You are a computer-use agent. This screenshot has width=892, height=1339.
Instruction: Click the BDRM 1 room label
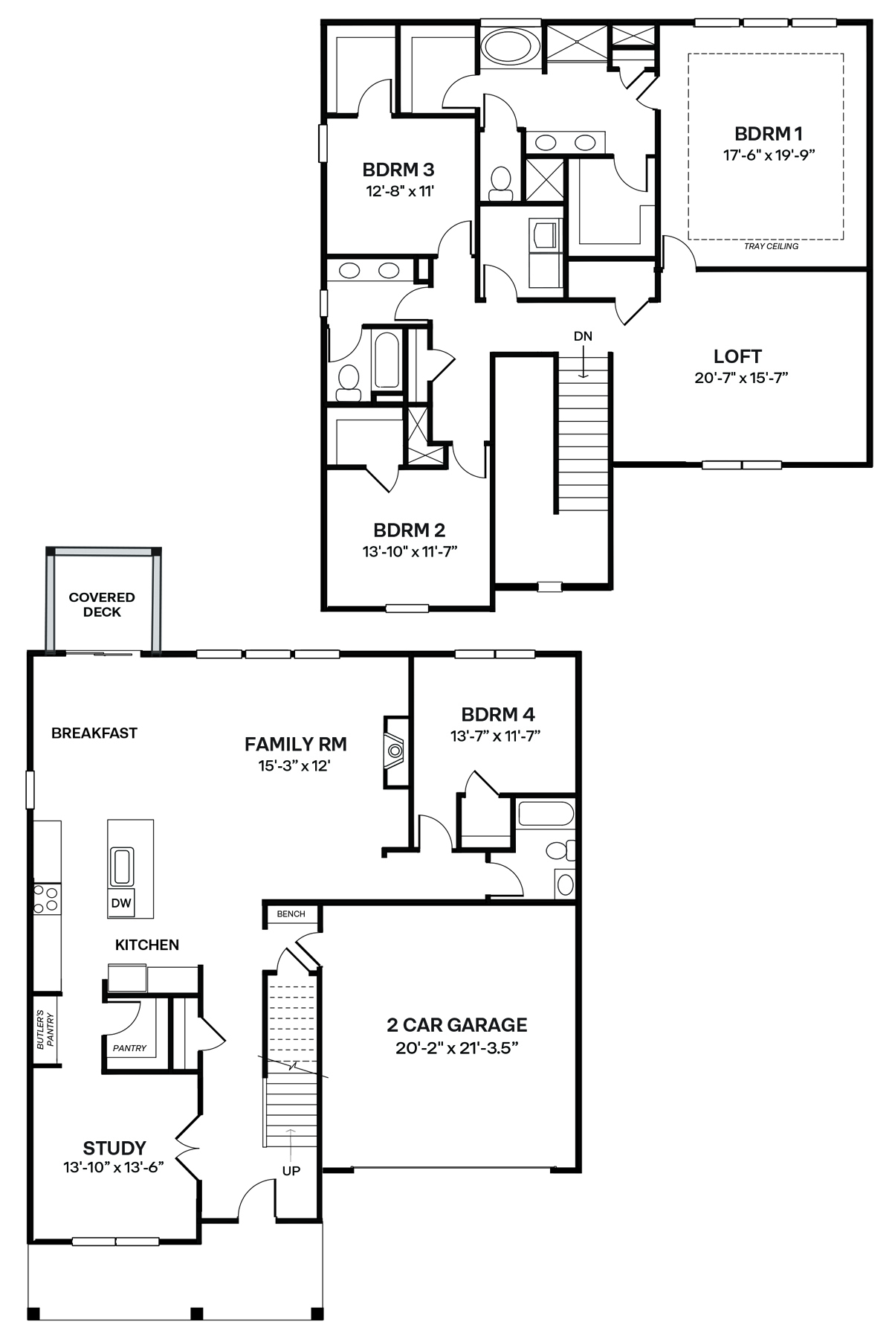[x=768, y=134]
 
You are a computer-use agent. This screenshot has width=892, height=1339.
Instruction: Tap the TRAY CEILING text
[x=771, y=246]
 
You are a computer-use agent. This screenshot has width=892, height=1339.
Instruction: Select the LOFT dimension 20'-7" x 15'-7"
[x=740, y=378]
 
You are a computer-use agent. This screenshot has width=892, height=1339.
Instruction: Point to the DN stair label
[x=583, y=336]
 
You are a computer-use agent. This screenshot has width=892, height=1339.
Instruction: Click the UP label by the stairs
[x=291, y=1171]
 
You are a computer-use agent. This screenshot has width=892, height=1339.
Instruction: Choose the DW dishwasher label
[x=121, y=904]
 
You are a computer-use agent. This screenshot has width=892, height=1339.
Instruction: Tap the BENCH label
[x=291, y=913]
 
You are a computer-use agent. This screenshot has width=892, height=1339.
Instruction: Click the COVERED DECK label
[x=102, y=605]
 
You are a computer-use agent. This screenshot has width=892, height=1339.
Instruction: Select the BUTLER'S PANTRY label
[x=45, y=1030]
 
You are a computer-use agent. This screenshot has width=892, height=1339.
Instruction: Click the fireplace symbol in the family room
[x=395, y=751]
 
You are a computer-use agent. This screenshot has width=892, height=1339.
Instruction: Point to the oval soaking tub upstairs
[x=508, y=47]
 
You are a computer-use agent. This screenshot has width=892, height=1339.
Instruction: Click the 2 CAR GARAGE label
[x=456, y=1025]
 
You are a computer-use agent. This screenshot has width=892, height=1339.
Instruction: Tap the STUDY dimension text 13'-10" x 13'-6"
[x=114, y=1167]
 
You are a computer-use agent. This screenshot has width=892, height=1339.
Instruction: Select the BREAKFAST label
[x=94, y=733]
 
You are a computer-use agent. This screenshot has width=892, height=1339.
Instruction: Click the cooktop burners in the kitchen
[x=46, y=898]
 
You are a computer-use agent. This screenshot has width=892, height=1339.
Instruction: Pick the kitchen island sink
[x=121, y=867]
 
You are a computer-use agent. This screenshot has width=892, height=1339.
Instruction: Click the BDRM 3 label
[x=398, y=170]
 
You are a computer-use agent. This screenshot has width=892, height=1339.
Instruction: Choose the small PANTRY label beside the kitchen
[x=130, y=1048]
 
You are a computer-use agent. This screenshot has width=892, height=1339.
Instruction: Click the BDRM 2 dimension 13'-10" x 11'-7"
[x=410, y=551]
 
